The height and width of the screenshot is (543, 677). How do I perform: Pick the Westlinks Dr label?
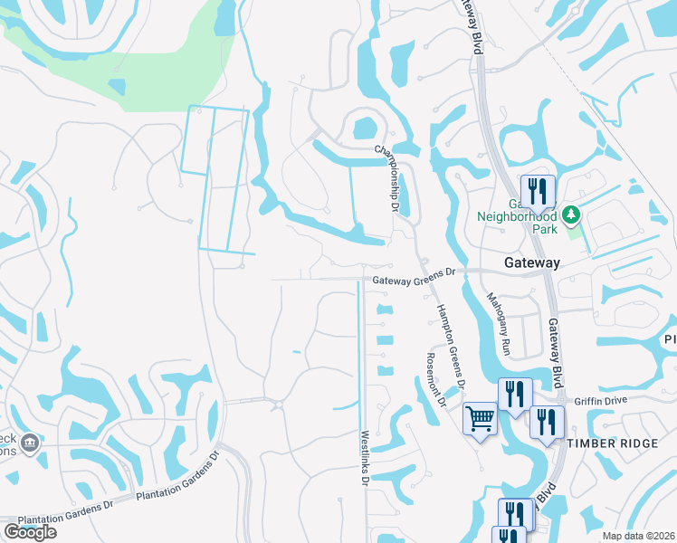click(365, 458)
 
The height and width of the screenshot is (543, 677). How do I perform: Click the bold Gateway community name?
click(531, 262)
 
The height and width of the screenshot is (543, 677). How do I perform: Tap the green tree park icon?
click(570, 214)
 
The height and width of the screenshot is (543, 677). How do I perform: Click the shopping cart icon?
click(480, 418)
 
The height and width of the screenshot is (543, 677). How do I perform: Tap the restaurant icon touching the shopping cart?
click(515, 395)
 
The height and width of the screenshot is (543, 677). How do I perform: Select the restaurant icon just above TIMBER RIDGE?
click(547, 423)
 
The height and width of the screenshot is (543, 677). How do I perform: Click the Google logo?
click(30, 532)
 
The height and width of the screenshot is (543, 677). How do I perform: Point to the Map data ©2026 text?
click(637, 536)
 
